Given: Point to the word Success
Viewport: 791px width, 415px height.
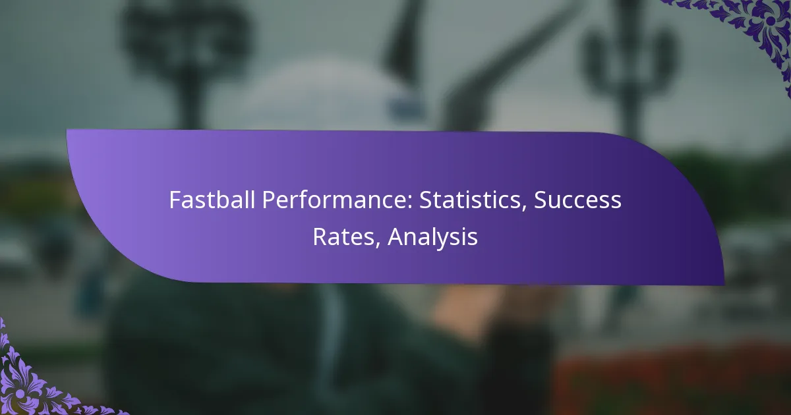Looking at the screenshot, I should click(577, 200).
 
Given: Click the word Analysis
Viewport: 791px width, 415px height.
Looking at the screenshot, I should click(432, 237).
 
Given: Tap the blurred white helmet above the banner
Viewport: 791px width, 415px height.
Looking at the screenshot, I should click(330, 99).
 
